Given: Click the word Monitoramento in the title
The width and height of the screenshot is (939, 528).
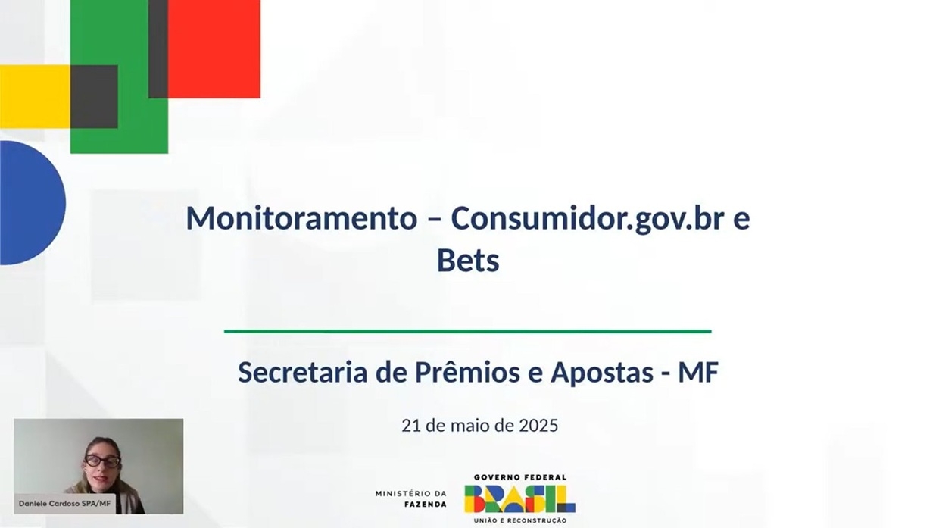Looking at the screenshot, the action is [301, 218].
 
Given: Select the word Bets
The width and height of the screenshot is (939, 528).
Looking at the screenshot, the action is [468, 261].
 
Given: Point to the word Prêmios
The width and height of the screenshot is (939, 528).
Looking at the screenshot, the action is [467, 371].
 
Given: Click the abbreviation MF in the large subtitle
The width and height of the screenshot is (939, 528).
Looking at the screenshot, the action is [699, 373].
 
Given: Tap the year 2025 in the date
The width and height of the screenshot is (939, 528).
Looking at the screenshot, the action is [538, 425].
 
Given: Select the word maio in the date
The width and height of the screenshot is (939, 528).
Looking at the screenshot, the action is [470, 425].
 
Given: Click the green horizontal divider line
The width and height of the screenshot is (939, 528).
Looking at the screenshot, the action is [468, 331].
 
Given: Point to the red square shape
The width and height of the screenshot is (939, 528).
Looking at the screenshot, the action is [214, 49].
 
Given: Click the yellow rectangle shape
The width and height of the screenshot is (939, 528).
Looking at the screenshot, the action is [35, 96].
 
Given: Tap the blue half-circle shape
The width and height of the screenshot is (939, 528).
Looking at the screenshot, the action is [32, 203].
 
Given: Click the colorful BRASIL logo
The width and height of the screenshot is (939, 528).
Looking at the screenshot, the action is [519, 499].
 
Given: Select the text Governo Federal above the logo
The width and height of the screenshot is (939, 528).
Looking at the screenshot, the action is [519, 477].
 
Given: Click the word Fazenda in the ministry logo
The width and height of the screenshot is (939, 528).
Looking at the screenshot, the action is [426, 504].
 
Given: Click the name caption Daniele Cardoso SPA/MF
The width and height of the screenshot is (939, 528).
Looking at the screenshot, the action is [64, 503].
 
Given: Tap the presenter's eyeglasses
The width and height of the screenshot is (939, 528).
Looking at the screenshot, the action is [102, 461].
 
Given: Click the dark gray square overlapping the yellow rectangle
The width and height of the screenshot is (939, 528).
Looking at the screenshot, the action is [94, 96].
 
